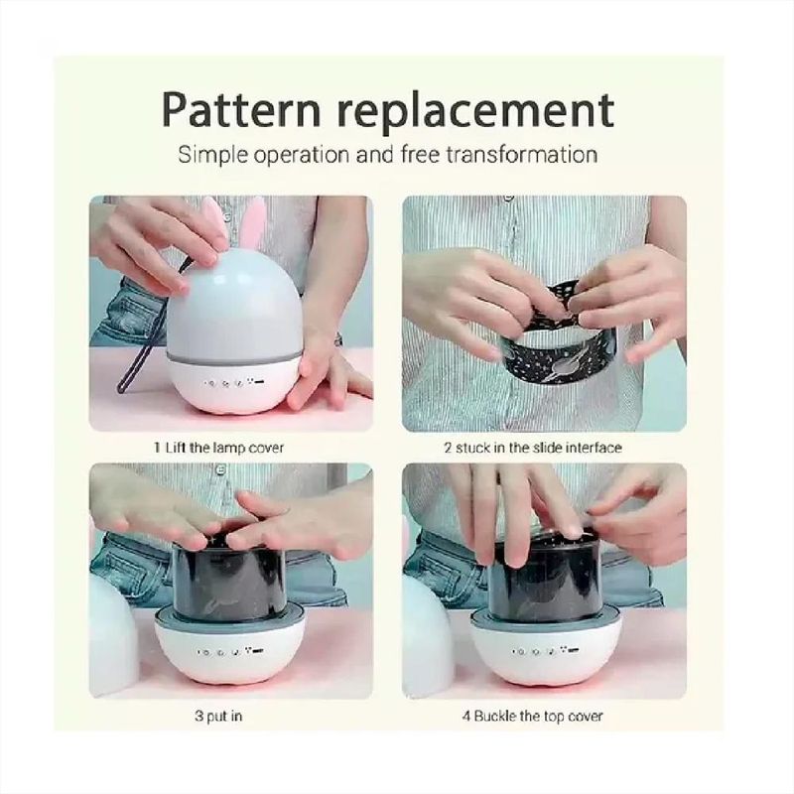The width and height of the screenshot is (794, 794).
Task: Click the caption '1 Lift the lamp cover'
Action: click(218, 448)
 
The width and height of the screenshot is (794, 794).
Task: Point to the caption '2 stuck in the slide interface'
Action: click(533, 448)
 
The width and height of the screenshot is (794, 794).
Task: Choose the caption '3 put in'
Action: click(218, 717)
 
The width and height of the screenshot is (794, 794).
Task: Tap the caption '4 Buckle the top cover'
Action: click(532, 716)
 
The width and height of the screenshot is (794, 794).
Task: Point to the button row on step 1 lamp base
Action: click(235, 382)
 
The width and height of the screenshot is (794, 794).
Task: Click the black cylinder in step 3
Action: click(229, 578)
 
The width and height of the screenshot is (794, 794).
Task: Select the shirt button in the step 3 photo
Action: click(219, 469)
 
